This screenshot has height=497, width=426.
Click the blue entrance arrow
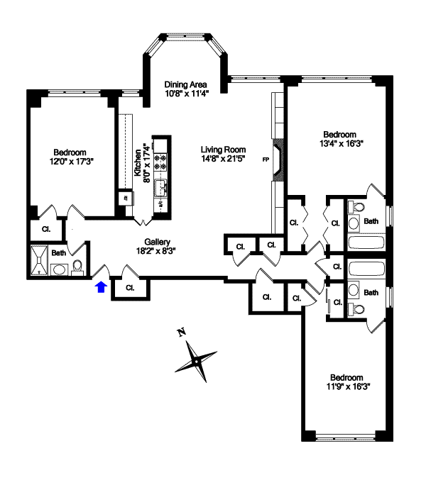(101, 286)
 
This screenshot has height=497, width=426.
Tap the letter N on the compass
(181, 332)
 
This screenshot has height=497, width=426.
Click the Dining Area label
(185, 84)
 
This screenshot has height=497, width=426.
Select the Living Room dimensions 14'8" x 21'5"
(223, 159)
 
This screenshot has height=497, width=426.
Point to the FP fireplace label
(266, 159)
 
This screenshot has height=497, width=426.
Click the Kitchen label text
(138, 162)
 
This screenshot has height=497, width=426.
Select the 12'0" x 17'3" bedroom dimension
(70, 162)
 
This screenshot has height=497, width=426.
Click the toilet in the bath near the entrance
(77, 267)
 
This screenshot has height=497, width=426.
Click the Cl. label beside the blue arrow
(130, 288)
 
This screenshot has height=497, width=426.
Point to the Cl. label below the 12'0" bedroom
(45, 230)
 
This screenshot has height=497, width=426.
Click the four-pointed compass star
(196, 361)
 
